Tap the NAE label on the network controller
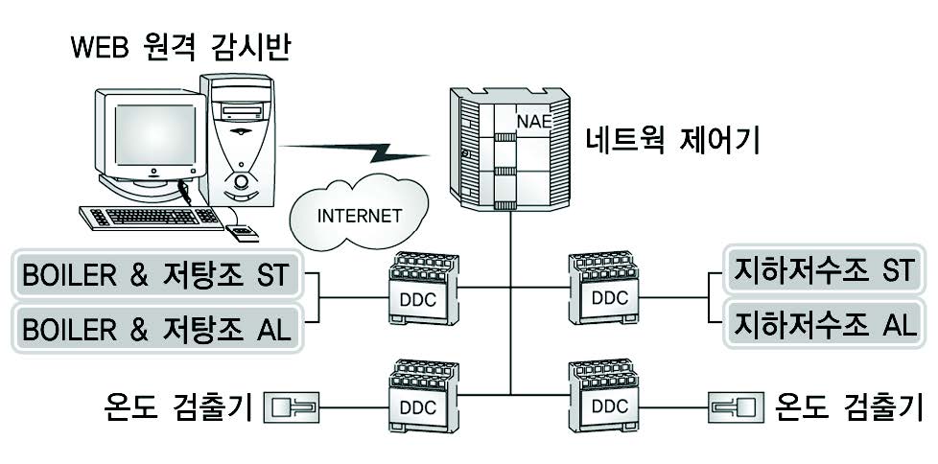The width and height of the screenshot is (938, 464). pyautogui.click(x=532, y=122)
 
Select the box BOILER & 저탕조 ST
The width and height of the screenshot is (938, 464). pyautogui.click(x=156, y=274)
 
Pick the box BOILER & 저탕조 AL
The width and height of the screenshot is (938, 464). pyautogui.click(x=156, y=329)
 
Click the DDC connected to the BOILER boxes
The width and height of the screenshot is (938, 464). pyautogui.click(x=424, y=289)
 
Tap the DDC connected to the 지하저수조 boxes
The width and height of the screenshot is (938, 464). pyautogui.click(x=602, y=289)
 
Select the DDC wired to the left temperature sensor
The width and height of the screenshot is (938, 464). pyautogui.click(x=424, y=397)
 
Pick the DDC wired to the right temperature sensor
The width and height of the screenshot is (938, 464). pyautogui.click(x=602, y=396)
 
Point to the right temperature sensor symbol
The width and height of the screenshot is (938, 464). pyautogui.click(x=736, y=407)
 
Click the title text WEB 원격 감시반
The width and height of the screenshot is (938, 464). pyautogui.click(x=180, y=49)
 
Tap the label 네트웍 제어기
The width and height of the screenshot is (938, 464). pyautogui.click(x=674, y=142)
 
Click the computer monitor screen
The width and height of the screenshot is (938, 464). pyautogui.click(x=155, y=134)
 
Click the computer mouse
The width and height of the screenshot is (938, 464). pyautogui.click(x=243, y=233)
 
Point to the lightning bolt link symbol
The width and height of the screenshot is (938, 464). pyautogui.click(x=355, y=151)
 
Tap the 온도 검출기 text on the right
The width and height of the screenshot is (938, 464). pyautogui.click(x=849, y=407)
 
